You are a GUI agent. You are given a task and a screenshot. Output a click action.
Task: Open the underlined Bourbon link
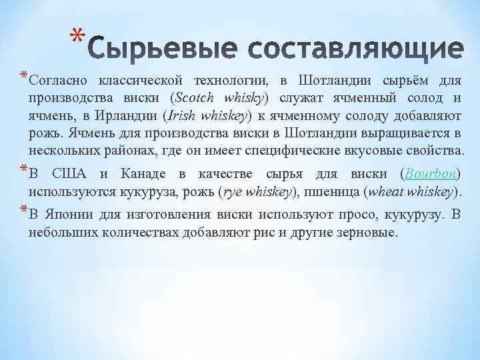(432, 174)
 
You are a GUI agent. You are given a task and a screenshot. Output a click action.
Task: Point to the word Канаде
(141, 174)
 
